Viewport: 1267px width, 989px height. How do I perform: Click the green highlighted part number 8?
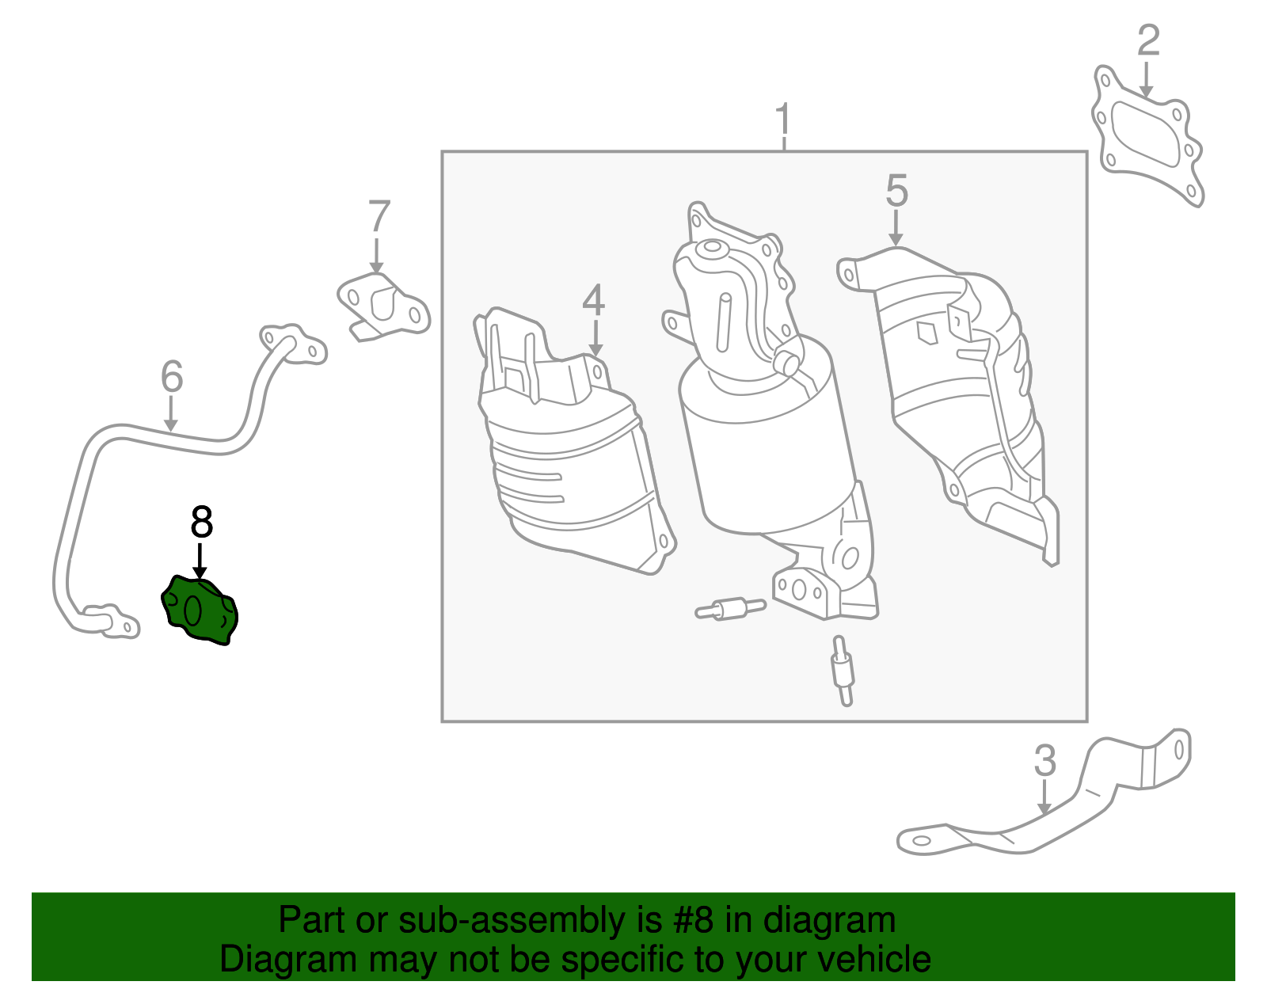[x=200, y=611]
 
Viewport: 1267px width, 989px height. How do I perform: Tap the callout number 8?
[x=201, y=522]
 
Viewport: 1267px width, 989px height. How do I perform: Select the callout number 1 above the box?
[x=783, y=120]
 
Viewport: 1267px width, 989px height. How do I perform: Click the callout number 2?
[x=1148, y=40]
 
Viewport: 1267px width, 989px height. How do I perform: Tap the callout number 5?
[x=896, y=190]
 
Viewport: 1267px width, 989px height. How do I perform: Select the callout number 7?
[x=379, y=217]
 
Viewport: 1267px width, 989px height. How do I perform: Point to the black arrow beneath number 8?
[x=200, y=561]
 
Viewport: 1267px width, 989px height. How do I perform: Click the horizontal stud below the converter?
[x=730, y=609]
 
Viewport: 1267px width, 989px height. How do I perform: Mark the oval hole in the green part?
[x=193, y=611]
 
